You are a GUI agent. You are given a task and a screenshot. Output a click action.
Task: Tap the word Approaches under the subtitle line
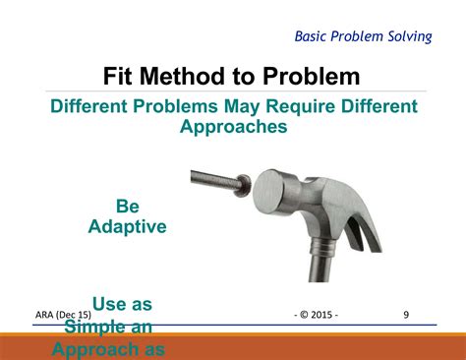(x=233, y=127)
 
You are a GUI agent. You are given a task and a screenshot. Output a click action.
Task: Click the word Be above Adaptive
(x=128, y=207)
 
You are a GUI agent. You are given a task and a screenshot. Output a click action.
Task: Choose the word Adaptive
(x=128, y=226)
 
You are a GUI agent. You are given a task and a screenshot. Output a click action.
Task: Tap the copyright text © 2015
(x=316, y=315)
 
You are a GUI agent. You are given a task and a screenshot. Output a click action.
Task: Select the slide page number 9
(x=406, y=315)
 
